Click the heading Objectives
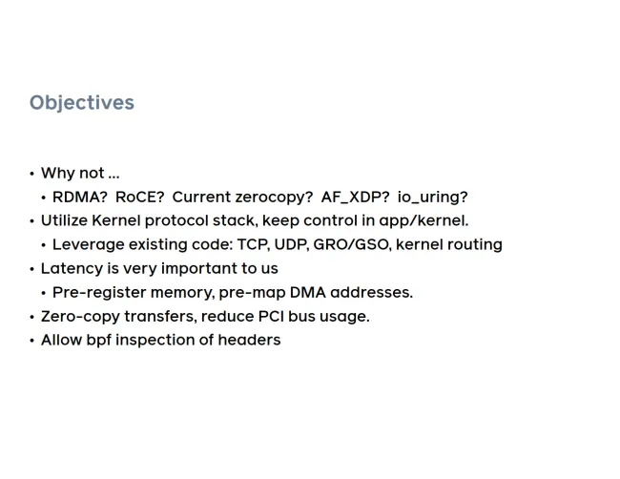tap(82, 103)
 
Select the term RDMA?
tap(80, 197)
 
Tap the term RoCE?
tap(139, 197)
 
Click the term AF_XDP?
tap(355, 198)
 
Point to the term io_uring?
tap(433, 198)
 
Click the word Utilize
tap(64, 220)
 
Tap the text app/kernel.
tap(424, 221)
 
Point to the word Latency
tap(72, 268)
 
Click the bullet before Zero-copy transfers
tap(32, 317)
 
